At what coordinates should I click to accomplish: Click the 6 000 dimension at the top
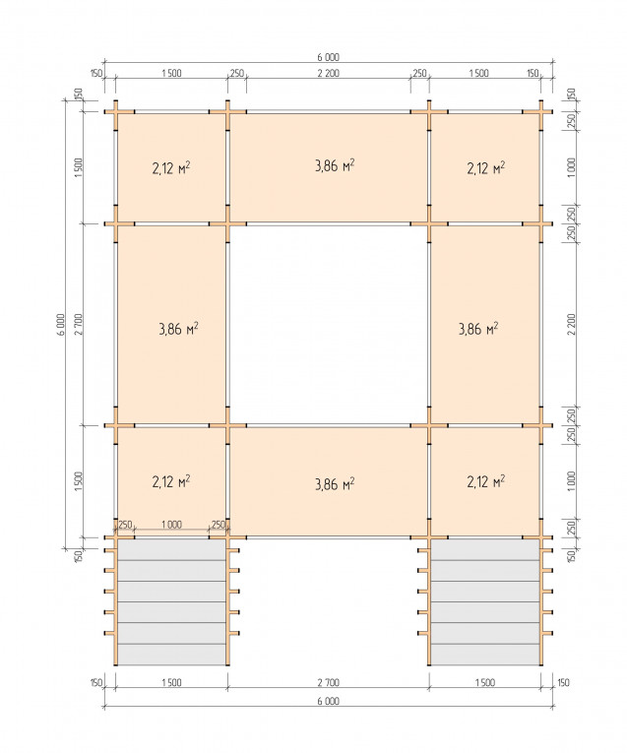click(328, 57)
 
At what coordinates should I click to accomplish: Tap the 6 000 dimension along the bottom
click(328, 701)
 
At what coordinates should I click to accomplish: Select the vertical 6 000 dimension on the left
click(60, 325)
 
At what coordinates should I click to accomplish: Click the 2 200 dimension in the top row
click(329, 73)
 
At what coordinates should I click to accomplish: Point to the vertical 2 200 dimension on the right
click(571, 325)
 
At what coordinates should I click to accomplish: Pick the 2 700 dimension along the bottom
click(329, 682)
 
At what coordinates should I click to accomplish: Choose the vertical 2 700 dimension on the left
click(79, 325)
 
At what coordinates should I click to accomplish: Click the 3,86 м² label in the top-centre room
click(335, 165)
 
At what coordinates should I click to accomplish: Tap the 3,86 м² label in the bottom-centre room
click(335, 483)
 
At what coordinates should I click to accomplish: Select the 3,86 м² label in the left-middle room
click(178, 329)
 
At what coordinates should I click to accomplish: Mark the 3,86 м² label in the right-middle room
click(478, 329)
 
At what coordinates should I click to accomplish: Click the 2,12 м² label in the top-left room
click(171, 168)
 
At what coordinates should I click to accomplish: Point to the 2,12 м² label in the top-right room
click(486, 168)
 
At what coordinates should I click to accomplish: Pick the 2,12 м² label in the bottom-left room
click(171, 481)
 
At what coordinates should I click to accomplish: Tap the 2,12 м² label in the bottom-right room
click(486, 481)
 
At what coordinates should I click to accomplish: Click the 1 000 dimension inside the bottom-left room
click(171, 525)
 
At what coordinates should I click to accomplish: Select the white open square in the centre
click(329, 325)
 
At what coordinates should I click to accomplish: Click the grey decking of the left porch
click(172, 601)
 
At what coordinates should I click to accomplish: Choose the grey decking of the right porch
click(485, 601)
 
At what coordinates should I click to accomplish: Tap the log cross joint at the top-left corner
click(116, 112)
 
